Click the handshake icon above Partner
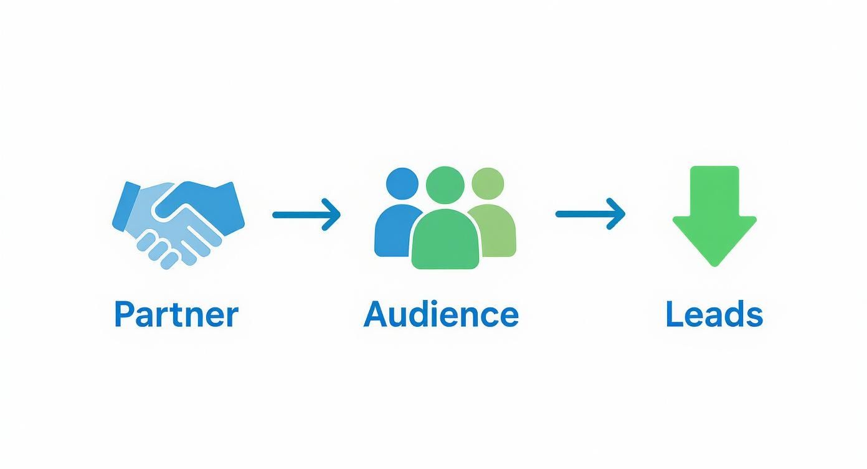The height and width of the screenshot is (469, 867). pyautogui.click(x=178, y=221)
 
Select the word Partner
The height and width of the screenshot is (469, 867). pyautogui.click(x=176, y=314)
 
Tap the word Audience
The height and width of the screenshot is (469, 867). pyautogui.click(x=441, y=314)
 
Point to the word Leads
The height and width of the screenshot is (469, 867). pyautogui.click(x=714, y=314)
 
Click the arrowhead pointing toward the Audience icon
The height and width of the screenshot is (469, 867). pyautogui.click(x=333, y=215)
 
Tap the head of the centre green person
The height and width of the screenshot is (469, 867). pyautogui.click(x=445, y=186)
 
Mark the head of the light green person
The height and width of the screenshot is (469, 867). pyautogui.click(x=488, y=184)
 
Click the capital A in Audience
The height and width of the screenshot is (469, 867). pyautogui.click(x=375, y=314)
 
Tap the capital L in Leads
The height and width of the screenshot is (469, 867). pyautogui.click(x=673, y=314)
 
